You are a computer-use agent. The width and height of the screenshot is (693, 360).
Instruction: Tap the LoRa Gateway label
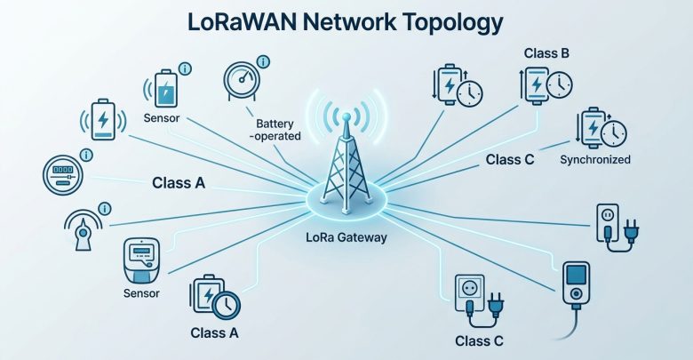point(346,237)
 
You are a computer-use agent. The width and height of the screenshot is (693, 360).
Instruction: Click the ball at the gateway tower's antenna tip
point(346,116)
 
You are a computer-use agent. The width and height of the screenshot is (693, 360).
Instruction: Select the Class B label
point(546,53)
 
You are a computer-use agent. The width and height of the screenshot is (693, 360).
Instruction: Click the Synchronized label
point(595,160)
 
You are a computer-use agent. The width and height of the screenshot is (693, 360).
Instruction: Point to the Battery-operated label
point(275,130)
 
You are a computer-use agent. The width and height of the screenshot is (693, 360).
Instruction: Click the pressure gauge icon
point(241,81)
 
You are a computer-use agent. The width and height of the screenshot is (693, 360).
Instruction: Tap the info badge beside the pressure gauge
point(263,61)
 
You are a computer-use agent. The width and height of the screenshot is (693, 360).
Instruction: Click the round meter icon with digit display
point(63,175)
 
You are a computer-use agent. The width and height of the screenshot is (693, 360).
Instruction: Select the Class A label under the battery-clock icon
point(214,332)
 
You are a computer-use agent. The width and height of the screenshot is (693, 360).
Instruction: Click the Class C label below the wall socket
point(479,341)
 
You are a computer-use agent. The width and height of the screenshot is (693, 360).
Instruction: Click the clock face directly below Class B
point(560,84)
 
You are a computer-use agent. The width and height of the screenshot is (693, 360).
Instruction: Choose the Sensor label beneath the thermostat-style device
point(141,293)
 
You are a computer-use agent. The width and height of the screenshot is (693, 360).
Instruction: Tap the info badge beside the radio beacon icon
point(104,209)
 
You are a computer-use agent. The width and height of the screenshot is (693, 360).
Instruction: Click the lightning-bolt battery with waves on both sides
point(103,119)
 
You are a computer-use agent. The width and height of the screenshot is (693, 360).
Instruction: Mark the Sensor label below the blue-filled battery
point(162,118)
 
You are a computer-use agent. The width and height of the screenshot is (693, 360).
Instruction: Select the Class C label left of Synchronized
point(510,160)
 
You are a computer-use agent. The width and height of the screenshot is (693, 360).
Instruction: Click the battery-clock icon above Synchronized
point(601,128)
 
